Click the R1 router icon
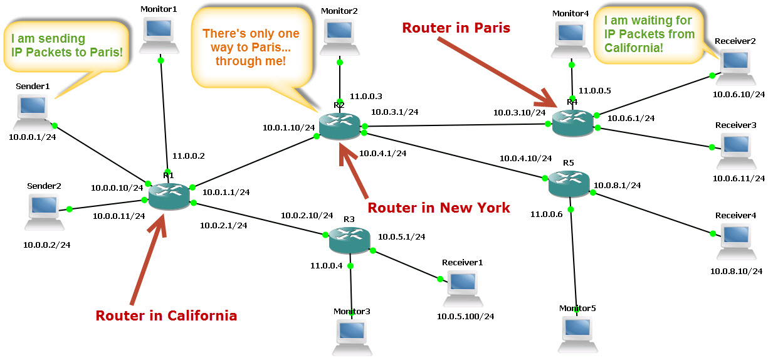pos(169,196)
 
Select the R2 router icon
pos(340,126)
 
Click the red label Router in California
pos(166,315)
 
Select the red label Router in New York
pos(438,208)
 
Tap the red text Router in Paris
pos(456,28)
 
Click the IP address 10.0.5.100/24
pos(465,316)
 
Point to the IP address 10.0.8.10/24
pos(736,272)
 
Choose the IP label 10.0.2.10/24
pos(307,215)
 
